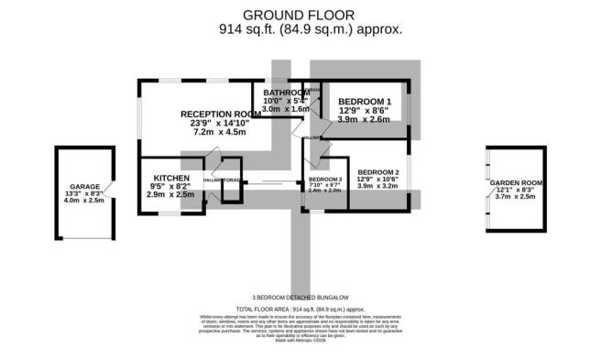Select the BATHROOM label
click(x=286, y=93)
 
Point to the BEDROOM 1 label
click(x=364, y=101)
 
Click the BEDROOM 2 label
click(x=378, y=172)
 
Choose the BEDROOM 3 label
click(x=324, y=179)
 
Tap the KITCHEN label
click(x=171, y=178)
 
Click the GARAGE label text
click(x=82, y=185)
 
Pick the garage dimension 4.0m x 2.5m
click(x=82, y=201)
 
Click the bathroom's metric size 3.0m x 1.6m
click(x=286, y=109)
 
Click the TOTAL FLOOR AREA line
click(x=300, y=310)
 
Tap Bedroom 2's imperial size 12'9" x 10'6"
click(x=378, y=180)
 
